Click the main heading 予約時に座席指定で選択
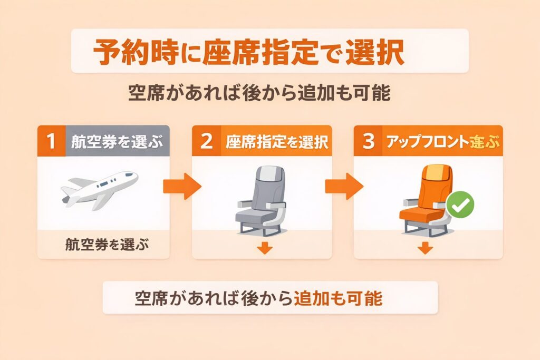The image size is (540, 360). (x=248, y=51)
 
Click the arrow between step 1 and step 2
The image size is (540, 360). (x=181, y=186)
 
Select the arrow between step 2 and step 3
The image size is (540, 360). (x=343, y=186)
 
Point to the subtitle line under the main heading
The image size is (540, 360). (x=259, y=94)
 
